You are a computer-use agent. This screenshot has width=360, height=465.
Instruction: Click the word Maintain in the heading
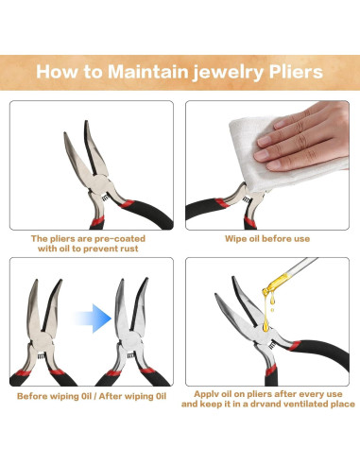[147, 72]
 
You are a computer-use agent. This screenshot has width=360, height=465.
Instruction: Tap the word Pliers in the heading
[296, 73]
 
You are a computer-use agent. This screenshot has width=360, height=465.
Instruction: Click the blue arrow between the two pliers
[94, 319]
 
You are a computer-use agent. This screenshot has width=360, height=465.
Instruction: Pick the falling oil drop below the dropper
[272, 310]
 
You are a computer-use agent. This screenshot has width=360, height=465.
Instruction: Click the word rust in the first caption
[128, 249]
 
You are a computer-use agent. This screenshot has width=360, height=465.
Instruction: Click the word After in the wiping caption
[110, 396]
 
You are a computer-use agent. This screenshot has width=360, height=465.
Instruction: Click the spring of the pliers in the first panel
[105, 198]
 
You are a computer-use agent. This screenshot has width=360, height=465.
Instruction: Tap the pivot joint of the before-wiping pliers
[42, 342]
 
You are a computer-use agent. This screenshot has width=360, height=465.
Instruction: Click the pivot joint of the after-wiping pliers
[130, 340]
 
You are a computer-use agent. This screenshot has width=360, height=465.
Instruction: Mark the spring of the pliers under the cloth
[246, 199]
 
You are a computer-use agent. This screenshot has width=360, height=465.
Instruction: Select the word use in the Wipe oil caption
[302, 239]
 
